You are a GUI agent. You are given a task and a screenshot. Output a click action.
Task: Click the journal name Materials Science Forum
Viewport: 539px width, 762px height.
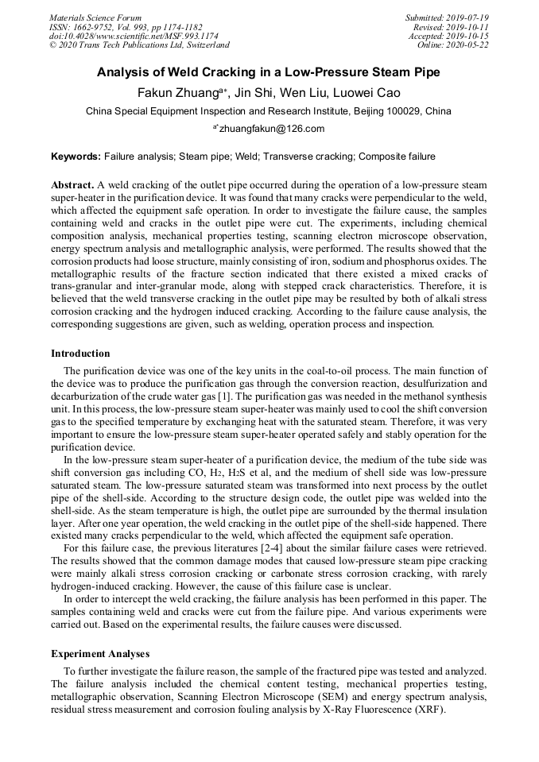coord(95,17)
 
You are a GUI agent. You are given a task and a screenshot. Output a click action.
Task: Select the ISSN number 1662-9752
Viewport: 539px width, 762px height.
coord(99,26)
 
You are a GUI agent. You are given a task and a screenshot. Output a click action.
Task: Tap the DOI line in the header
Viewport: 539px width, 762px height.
coord(134,36)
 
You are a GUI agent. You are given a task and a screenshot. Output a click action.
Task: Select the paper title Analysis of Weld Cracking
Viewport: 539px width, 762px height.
coord(269,72)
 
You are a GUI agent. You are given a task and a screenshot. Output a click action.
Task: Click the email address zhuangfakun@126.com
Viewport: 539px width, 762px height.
coord(272,129)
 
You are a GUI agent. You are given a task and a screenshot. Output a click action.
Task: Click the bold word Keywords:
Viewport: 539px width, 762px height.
coord(76,157)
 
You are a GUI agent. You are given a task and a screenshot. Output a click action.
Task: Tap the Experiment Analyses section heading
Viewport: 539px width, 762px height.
coord(100,654)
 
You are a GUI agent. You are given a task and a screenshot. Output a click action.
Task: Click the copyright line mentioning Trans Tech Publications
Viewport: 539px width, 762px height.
coord(140,45)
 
